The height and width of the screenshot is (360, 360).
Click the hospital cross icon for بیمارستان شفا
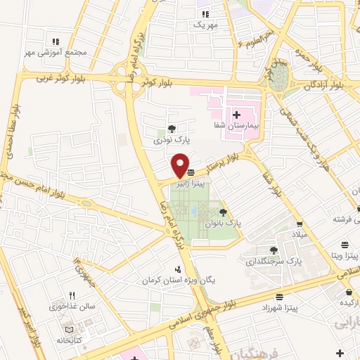[x=236, y=115]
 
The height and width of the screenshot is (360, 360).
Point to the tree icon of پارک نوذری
[x=171, y=129]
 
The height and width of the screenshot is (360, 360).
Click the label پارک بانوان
[x=223, y=222]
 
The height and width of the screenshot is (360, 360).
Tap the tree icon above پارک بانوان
[x=223, y=211]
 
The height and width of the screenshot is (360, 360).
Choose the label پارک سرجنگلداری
[x=274, y=262]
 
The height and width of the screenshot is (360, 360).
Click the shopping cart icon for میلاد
[x=300, y=224]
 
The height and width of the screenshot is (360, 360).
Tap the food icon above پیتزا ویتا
[x=345, y=244]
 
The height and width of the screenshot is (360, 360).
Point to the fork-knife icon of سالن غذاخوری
[x=72, y=296]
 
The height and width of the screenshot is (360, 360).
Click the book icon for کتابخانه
[x=68, y=330]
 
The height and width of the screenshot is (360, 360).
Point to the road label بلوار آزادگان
[x=323, y=84]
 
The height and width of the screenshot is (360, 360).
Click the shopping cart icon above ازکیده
[x=349, y=291]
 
